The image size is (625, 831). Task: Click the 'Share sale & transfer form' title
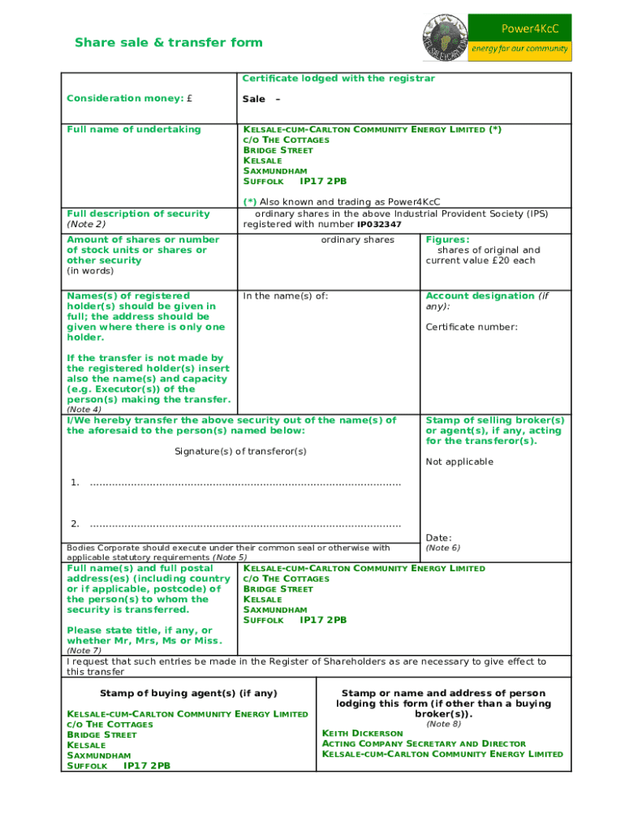(x=169, y=42)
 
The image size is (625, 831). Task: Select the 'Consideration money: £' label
(x=130, y=98)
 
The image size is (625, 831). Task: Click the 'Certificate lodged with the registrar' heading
(x=338, y=78)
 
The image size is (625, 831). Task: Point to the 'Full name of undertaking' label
(x=134, y=129)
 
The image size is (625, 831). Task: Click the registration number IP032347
(x=379, y=224)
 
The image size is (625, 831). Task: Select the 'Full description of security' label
(x=138, y=213)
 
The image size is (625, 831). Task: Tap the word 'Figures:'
(x=447, y=239)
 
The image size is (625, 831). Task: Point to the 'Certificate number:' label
(x=472, y=327)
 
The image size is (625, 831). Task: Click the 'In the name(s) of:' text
(x=286, y=295)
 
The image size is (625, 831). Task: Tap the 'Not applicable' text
(x=459, y=462)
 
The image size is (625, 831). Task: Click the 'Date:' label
(x=439, y=537)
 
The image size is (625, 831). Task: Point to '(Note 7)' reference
(x=84, y=650)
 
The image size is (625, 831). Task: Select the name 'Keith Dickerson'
(x=362, y=733)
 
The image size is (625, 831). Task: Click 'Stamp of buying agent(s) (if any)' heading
(x=188, y=693)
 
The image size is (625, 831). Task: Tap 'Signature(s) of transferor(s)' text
(x=241, y=451)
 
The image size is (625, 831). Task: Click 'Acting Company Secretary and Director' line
(x=424, y=743)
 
